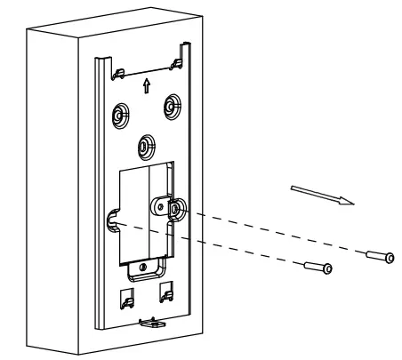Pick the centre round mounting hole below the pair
point(143,143)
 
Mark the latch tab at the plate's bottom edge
point(149,320)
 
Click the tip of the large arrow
point(353,202)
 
